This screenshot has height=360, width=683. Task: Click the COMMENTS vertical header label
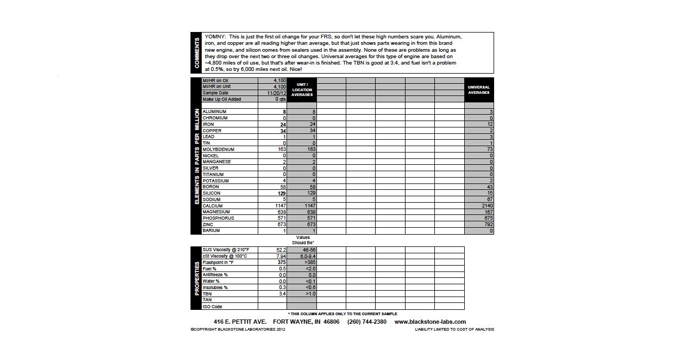pyautogui.click(x=197, y=53)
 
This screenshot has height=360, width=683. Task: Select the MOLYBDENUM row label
pyautogui.click(x=218, y=149)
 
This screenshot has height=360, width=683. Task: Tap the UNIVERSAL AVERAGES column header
pyautogui.click(x=479, y=90)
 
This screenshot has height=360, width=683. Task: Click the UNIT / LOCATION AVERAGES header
pyautogui.click(x=302, y=90)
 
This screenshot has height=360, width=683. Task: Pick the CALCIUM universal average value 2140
pyautogui.click(x=487, y=206)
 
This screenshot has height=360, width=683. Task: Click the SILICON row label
pyautogui.click(x=212, y=193)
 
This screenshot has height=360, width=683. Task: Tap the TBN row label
pyautogui.click(x=207, y=294)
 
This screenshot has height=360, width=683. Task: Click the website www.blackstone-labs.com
pyautogui.click(x=430, y=322)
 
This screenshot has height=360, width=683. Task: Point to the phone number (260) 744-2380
pyautogui.click(x=367, y=322)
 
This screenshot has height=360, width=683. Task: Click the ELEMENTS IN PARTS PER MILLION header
pyautogui.click(x=197, y=156)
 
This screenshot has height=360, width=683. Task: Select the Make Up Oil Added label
pyautogui.click(x=221, y=99)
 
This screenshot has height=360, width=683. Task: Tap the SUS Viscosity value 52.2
pyautogui.click(x=281, y=250)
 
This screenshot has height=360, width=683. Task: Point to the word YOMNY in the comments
pyautogui.click(x=215, y=37)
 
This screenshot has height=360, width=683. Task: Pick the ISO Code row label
pyautogui.click(x=212, y=307)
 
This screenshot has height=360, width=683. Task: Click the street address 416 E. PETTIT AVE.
pyautogui.click(x=240, y=322)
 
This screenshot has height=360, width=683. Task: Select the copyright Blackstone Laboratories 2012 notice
pyautogui.click(x=237, y=330)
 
